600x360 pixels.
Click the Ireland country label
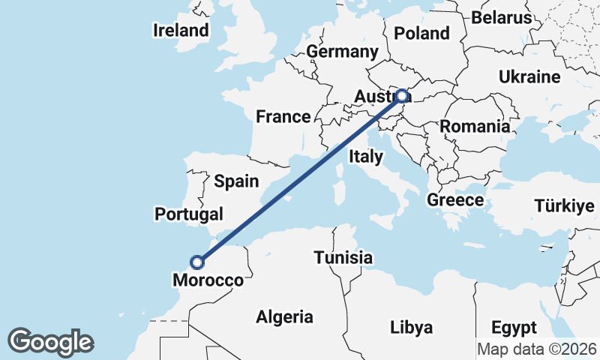[x=180, y=31]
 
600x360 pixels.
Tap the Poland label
[x=421, y=33]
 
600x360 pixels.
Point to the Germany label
[x=342, y=52]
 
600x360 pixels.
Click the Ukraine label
[x=529, y=77]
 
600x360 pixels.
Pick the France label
[x=283, y=116]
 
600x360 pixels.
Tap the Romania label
[x=474, y=126]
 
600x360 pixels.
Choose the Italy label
[x=366, y=157]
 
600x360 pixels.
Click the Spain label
[x=236, y=181]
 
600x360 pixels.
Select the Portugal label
[x=189, y=214]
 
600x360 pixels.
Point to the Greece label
[x=455, y=200]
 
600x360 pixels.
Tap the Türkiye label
[x=563, y=206]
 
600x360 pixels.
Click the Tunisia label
[x=343, y=257]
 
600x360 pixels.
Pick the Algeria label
[x=284, y=317]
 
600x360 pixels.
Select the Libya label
[x=411, y=327]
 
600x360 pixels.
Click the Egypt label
[x=514, y=328]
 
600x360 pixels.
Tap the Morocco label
[x=208, y=280]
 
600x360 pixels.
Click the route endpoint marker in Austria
[x=403, y=96]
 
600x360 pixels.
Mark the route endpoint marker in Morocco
[x=197, y=262]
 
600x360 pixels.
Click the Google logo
[x=50, y=342]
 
